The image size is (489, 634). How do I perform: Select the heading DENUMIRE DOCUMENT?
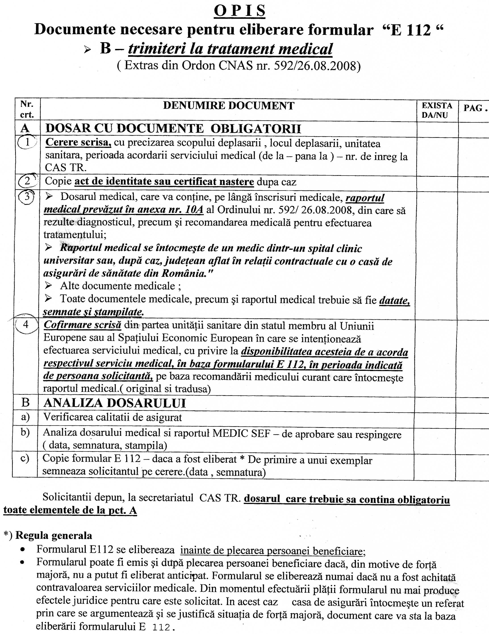point(229,106)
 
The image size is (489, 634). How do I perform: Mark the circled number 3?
point(27,197)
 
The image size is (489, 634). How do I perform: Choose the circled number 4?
point(26,324)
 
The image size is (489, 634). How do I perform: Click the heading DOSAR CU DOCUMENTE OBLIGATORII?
point(173,129)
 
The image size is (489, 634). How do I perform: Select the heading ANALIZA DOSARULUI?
point(115,403)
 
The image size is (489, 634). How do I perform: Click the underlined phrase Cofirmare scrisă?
point(82,325)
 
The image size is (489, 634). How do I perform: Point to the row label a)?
point(25,417)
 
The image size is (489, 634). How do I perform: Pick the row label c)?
point(25,458)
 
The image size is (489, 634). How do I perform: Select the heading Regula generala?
point(54,535)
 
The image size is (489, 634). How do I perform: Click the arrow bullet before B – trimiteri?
point(87,50)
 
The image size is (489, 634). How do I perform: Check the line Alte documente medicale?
point(120,286)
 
